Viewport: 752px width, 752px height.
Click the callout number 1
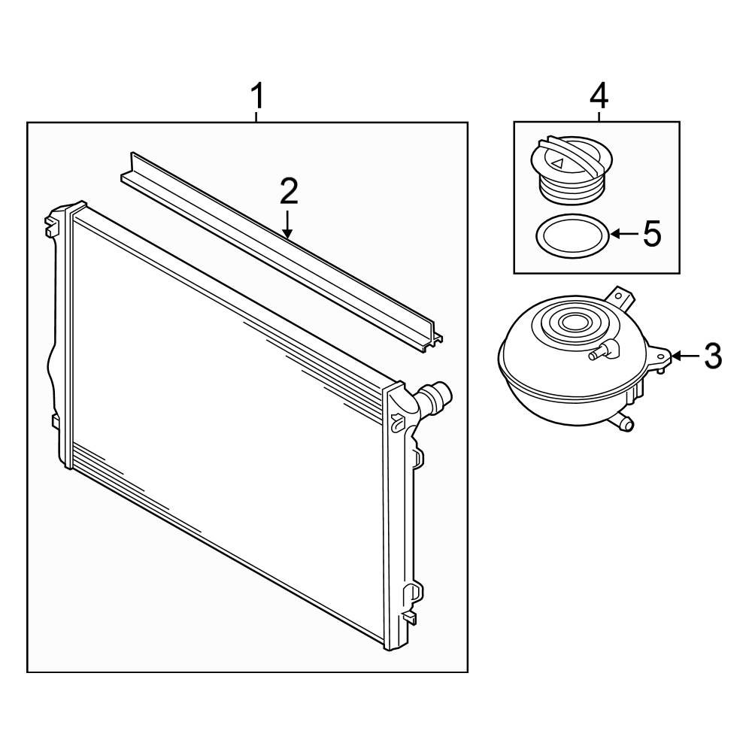tap(257, 96)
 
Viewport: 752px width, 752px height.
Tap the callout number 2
tap(289, 191)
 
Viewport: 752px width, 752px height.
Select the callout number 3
tap(713, 356)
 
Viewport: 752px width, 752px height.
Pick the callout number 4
tap(599, 96)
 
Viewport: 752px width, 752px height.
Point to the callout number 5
tap(652, 234)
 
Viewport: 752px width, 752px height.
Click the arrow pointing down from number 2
tap(287, 224)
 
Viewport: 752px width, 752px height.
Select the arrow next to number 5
tap(624, 234)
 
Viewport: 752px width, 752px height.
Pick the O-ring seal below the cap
tap(572, 235)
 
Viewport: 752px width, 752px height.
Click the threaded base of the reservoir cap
tap(571, 189)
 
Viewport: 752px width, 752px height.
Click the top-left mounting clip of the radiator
tap(51, 224)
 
